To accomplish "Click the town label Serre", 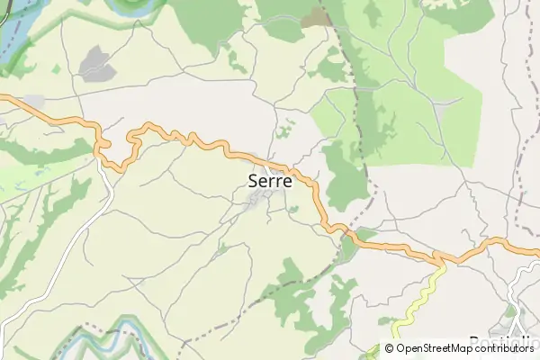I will (x=269, y=180).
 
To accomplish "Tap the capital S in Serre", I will (x=253, y=180).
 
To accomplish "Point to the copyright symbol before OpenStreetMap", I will (x=390, y=348).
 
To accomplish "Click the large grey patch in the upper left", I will (x=96, y=63).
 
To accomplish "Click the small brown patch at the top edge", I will (x=316, y=16).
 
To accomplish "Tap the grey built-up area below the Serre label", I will (x=256, y=203).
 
